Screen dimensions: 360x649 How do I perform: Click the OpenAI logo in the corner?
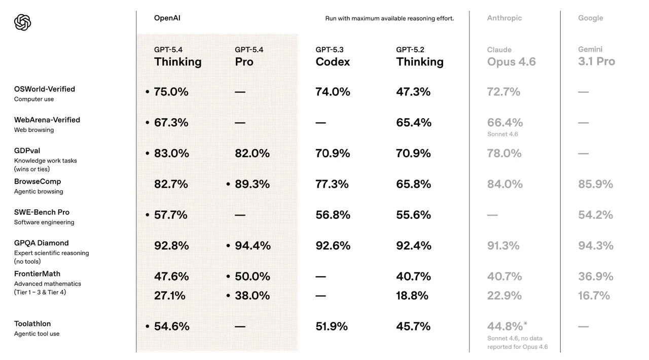coord(23,22)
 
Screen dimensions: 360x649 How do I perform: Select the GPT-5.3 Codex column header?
coord(333,57)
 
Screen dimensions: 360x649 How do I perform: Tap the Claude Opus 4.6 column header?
coord(511,57)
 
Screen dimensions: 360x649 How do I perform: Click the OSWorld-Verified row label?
coord(45,89)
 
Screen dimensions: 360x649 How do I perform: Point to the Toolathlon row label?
coord(32,324)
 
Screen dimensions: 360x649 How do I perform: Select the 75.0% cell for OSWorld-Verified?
coord(171,92)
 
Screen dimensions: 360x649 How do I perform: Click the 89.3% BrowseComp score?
coord(252,184)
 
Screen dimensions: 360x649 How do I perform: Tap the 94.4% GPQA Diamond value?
coord(253,246)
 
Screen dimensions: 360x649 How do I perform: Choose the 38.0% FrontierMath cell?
coord(252,296)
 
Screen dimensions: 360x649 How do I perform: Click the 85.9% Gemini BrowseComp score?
coord(595,184)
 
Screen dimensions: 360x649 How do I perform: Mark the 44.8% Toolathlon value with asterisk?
coord(507,326)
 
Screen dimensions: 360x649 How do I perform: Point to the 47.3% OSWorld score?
coord(413,92)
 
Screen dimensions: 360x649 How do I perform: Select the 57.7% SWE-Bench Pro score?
coord(170,215)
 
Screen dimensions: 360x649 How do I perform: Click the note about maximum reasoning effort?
coord(389,19)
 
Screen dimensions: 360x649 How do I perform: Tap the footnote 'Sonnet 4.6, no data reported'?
coord(517,343)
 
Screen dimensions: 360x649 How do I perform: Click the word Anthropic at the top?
coord(504,18)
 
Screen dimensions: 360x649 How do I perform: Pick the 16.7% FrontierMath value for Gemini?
coord(594,296)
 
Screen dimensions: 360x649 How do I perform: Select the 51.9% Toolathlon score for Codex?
coord(332,327)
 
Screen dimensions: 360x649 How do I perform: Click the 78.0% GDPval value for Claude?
coord(504,153)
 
